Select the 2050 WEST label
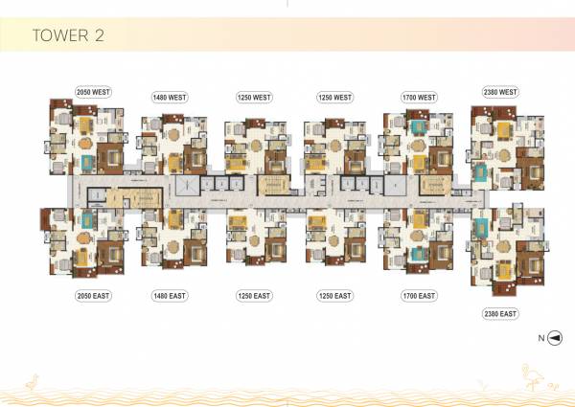tap(94, 92)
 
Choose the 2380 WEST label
tap(498, 92)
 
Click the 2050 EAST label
tap(94, 296)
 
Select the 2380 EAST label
tap(498, 313)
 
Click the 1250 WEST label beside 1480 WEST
tap(254, 97)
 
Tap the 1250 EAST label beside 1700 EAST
tap(335, 296)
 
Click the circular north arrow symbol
tap(553, 338)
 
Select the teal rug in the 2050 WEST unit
tap(87, 160)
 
